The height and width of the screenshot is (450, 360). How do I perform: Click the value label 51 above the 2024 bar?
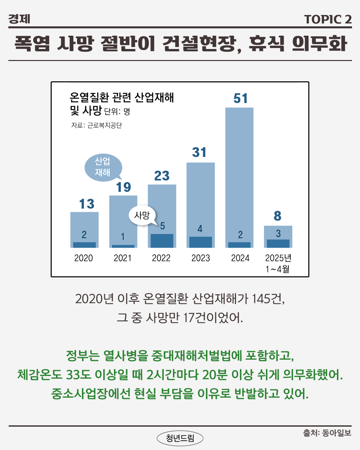coord(240,99)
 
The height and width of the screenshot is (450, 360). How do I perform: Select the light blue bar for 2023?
coord(200,193)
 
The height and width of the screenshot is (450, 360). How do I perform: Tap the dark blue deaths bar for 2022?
coord(162,241)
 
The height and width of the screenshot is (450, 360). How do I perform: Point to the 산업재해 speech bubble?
coord(103,167)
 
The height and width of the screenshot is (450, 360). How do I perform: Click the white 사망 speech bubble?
coord(142,215)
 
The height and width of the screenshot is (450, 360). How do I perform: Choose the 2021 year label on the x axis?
coord(123,258)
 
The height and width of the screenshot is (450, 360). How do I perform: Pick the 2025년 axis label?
coord(278,258)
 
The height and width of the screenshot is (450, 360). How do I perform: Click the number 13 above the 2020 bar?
coord(87,204)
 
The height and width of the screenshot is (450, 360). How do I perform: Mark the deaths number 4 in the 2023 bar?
coord(200,229)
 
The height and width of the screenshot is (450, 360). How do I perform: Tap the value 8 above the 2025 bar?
coord(277,216)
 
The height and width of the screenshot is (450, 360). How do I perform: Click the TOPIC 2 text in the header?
coord(328,19)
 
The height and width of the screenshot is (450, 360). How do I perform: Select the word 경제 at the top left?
coord(19,19)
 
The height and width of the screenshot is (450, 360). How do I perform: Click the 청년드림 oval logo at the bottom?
coord(180,438)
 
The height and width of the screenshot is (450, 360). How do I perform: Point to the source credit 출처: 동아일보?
coord(327,433)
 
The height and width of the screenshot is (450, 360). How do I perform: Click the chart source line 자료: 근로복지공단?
coord(97,125)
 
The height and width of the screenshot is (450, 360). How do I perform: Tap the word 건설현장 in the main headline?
coord(199,44)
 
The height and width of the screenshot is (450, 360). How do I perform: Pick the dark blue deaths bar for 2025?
coord(278,243)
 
